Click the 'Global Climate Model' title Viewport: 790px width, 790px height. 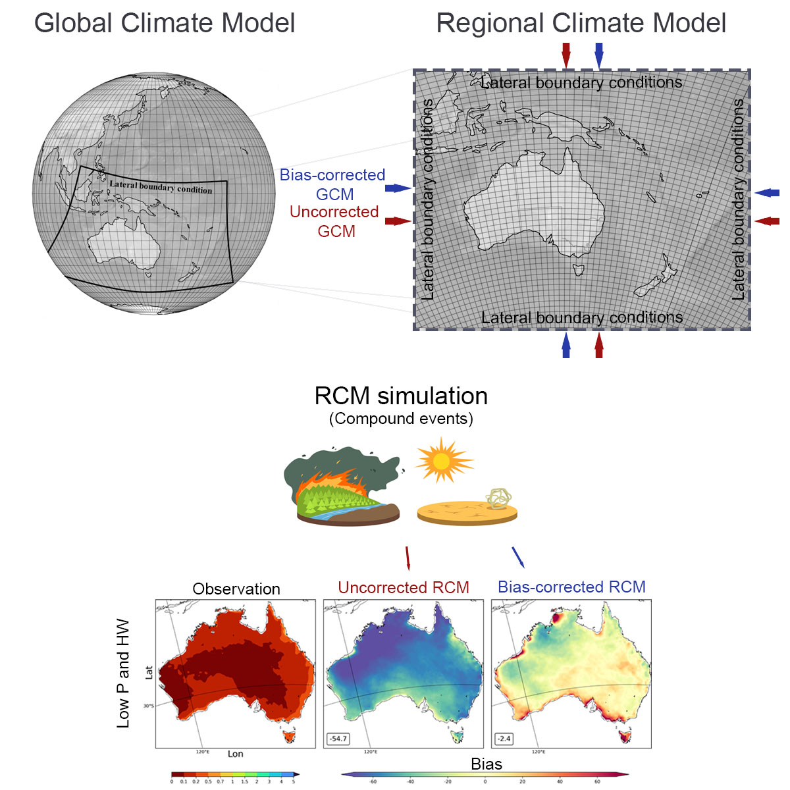(165, 24)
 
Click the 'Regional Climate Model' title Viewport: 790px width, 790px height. (581, 24)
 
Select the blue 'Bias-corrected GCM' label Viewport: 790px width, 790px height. (332, 184)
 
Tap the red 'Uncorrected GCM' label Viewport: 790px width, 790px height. (334, 221)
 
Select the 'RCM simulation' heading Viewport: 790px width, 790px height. (401, 396)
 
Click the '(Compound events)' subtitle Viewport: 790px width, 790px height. (401, 419)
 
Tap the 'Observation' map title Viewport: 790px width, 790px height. (236, 589)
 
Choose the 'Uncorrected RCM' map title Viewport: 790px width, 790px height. (404, 587)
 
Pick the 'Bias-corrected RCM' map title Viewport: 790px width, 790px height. (571, 587)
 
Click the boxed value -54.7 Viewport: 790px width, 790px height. (338, 739)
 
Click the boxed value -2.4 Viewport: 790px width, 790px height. (504, 739)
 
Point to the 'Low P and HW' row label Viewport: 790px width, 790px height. (123, 673)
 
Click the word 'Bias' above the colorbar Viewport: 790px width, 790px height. (487, 764)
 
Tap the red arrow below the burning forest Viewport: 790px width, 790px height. (408, 558)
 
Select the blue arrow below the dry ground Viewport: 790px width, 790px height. (518, 557)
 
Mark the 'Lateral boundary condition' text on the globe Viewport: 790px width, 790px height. (161, 187)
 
